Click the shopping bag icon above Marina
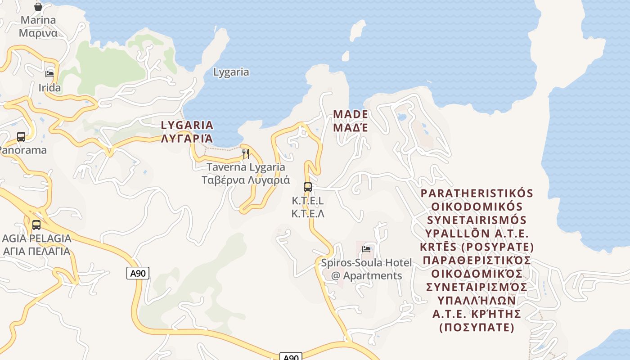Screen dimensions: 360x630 38,7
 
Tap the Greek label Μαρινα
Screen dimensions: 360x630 38,33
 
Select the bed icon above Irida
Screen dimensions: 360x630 49,74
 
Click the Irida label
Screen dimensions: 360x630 49,88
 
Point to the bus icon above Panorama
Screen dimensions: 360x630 21,137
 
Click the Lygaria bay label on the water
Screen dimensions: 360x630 231,72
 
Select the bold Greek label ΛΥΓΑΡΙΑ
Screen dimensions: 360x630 187,138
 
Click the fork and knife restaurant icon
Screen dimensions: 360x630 246,154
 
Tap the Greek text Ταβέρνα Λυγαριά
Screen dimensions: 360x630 245,180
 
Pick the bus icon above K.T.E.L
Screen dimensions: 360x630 308,187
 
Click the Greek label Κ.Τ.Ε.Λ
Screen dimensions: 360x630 308,214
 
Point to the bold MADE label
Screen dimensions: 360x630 351,114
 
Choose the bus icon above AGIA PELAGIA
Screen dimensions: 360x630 36,225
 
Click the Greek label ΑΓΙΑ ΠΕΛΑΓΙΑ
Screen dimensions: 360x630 37,251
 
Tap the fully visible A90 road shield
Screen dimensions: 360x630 138,273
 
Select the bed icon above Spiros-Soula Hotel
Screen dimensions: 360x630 367,249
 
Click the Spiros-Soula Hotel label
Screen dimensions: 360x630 366,262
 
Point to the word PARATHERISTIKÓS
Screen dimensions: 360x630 477,193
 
